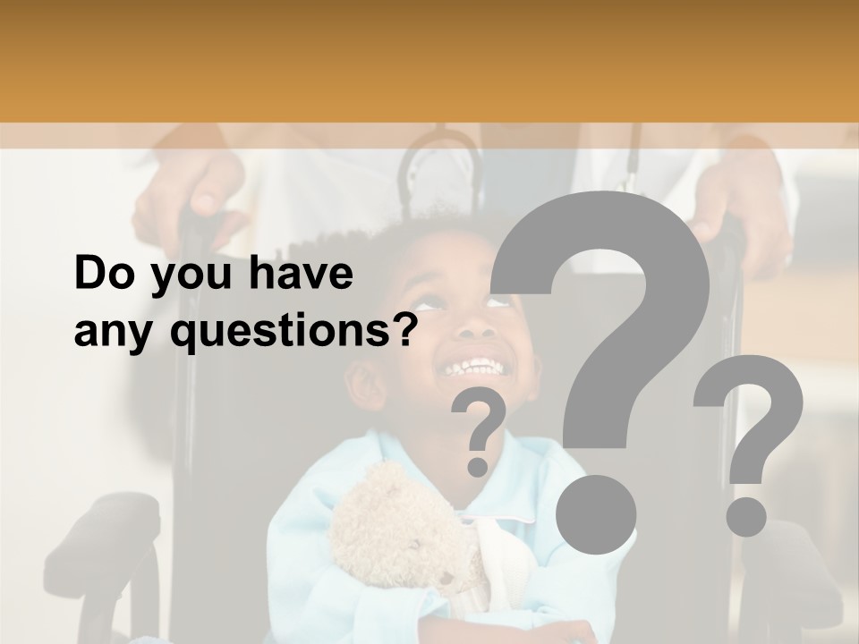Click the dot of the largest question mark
[596, 513]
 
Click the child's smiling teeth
[472, 367]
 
